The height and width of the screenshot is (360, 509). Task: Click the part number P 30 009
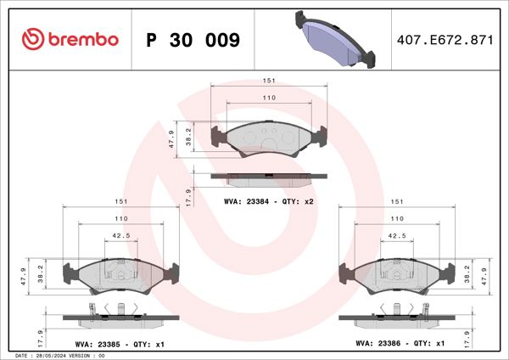tap(193, 40)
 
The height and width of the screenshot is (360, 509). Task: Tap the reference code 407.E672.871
tap(445, 40)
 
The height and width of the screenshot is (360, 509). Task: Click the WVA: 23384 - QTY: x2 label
tap(269, 202)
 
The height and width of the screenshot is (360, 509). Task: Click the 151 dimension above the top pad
tap(269, 82)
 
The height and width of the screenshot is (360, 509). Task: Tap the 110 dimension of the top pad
tap(269, 98)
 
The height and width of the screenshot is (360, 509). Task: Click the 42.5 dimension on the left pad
tap(121, 237)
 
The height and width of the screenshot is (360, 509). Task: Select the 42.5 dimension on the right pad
tap(396, 237)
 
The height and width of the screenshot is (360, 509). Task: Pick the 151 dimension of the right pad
tap(396, 202)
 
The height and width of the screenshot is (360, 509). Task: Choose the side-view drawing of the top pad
tap(269, 178)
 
